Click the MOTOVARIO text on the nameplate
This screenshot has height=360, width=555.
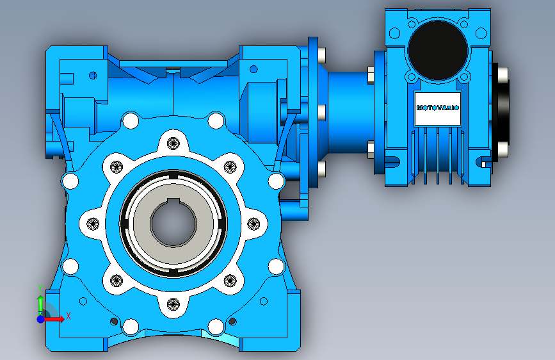coord(437,108)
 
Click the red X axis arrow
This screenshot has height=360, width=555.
coord(53,319)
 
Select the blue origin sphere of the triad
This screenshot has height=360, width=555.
coord(41,319)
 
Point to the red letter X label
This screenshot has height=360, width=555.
coord(68,316)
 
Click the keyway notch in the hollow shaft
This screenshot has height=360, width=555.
coord(173,202)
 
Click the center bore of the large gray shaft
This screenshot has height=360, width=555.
coord(173,223)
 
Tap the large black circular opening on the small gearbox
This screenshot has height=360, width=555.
coord(438,50)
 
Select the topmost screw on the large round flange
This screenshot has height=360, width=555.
coord(173,143)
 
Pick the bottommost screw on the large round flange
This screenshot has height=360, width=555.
coord(173,304)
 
